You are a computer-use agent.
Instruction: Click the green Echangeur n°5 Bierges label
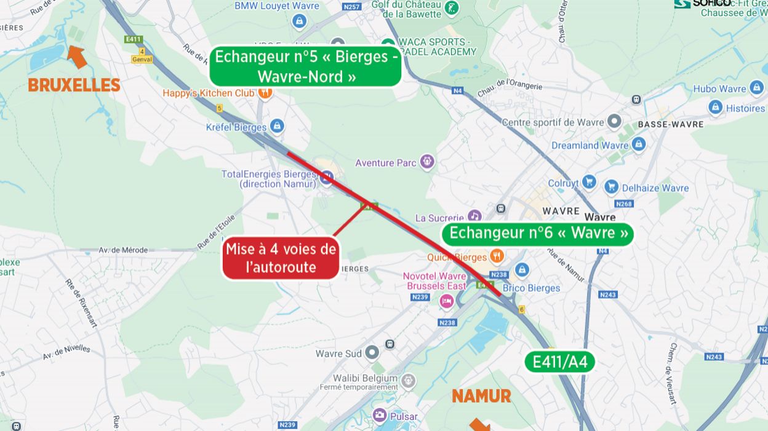[x=306, y=66]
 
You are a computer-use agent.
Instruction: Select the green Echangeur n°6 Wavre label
[x=538, y=234]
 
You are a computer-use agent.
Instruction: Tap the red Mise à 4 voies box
[x=281, y=258]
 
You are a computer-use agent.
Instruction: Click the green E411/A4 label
[x=559, y=362]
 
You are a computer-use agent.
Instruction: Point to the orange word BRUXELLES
[x=74, y=85]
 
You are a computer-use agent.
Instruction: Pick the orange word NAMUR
[x=481, y=397]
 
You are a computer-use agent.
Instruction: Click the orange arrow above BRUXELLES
[x=76, y=56]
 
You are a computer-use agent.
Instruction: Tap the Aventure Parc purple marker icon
[x=427, y=162]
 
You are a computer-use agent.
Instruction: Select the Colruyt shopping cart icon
[x=589, y=183]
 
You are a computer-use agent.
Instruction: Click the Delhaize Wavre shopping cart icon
[x=611, y=187]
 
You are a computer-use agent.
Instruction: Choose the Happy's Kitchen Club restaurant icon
[x=265, y=93]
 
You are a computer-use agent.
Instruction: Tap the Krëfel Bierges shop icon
[x=277, y=127]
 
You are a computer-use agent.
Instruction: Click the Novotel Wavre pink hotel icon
[x=446, y=301]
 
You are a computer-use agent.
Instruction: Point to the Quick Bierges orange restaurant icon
[x=497, y=256]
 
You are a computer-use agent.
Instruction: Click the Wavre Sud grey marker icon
[x=372, y=353]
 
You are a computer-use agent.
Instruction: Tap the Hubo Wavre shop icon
[x=756, y=88]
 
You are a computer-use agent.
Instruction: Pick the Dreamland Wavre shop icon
[x=639, y=144]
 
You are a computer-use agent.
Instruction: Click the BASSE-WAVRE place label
[x=670, y=124]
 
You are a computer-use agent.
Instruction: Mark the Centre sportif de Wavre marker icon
[x=614, y=121]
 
